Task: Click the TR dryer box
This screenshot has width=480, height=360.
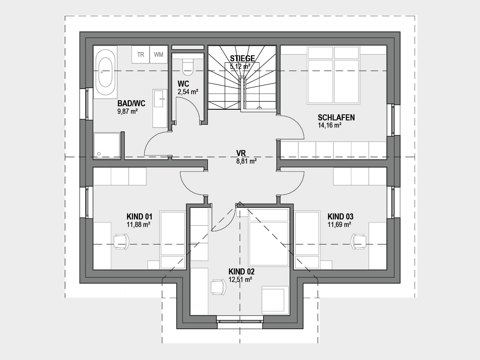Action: click(141, 54)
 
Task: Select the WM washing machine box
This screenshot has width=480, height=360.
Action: click(159, 54)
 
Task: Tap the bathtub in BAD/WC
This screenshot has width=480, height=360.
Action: click(105, 72)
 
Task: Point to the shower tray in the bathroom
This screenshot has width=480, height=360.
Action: click(107, 146)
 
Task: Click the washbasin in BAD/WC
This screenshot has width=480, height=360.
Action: click(160, 108)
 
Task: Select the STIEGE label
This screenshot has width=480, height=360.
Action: click(242, 58)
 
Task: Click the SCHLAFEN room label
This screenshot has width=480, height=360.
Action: click(336, 118)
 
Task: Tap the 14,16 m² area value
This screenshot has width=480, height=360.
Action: click(329, 125)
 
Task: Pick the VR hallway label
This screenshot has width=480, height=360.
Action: click(241, 153)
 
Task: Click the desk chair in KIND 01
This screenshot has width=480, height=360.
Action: click(121, 241)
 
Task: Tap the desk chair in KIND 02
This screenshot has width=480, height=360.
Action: click(218, 287)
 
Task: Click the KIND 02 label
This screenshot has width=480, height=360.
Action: click(241, 272)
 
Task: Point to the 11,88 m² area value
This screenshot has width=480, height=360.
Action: click(138, 224)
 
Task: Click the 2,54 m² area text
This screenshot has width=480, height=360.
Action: click(188, 92)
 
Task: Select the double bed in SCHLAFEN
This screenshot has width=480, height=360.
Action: click(333, 75)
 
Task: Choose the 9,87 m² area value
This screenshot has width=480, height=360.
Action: click(128, 111)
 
